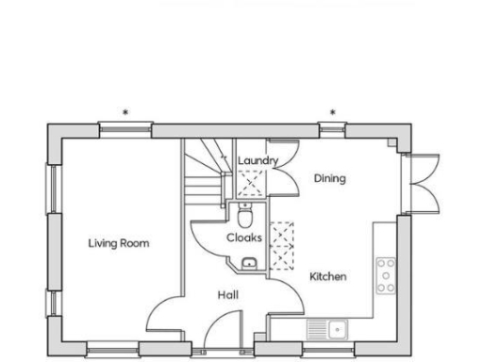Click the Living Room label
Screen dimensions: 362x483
119,243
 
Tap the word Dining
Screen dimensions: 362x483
330,178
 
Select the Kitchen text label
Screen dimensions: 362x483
328,276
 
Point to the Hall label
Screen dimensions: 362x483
227,295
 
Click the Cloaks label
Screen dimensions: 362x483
243,238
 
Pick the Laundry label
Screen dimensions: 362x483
258,161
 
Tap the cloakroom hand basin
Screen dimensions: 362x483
250,263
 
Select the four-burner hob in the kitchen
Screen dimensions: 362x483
386,274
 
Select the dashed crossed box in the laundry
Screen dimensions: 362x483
250,183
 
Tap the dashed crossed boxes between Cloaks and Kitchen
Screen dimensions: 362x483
280,244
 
